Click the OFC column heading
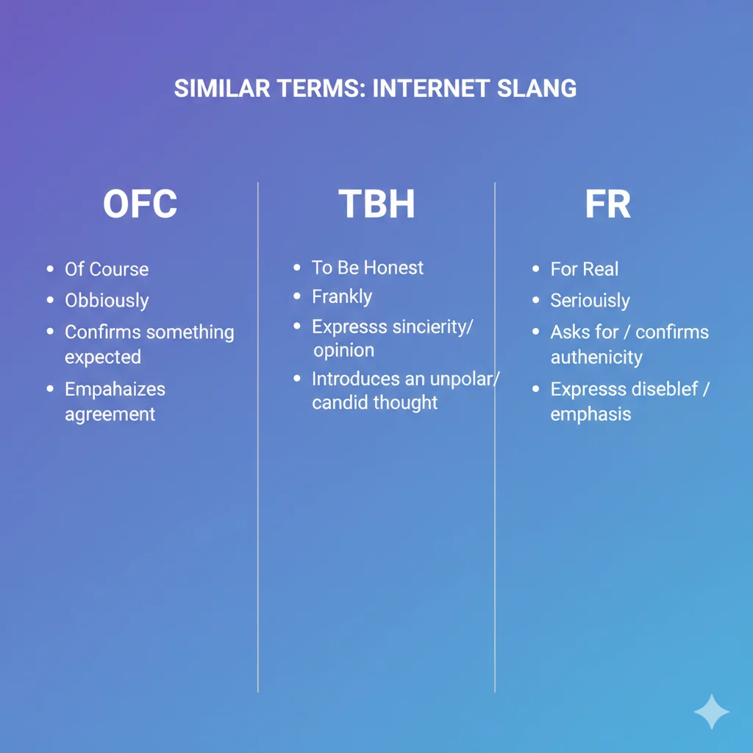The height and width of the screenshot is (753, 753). pyautogui.click(x=140, y=205)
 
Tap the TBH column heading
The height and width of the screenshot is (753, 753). pyautogui.click(x=376, y=205)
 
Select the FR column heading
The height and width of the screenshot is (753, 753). pyautogui.click(x=607, y=205)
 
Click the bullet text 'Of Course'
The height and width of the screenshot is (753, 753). pyautogui.click(x=107, y=269)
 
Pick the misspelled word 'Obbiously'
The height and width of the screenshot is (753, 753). pyautogui.click(x=107, y=301)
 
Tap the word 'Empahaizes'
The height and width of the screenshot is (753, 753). pyautogui.click(x=115, y=389)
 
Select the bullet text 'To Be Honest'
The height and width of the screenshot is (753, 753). pyautogui.click(x=368, y=268)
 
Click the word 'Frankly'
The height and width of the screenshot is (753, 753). pyautogui.click(x=342, y=297)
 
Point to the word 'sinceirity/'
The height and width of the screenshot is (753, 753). pyautogui.click(x=426, y=327)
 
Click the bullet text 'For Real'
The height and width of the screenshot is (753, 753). pyautogui.click(x=585, y=269)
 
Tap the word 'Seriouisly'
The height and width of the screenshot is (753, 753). pyautogui.click(x=590, y=301)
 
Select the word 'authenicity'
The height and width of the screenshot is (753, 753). pyautogui.click(x=596, y=357)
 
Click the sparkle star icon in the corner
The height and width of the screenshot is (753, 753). pyautogui.click(x=711, y=711)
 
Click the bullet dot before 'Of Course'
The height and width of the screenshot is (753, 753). pyautogui.click(x=50, y=270)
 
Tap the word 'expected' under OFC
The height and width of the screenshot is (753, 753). pyautogui.click(x=102, y=357)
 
